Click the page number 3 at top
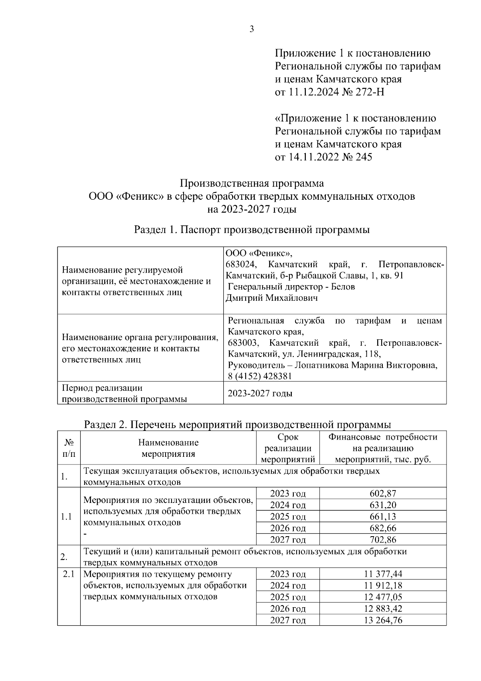pos(251,29)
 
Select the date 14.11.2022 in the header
pos(310,157)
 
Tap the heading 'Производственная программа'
pos(251,183)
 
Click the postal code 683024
pos(241,265)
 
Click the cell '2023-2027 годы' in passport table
pos(260,393)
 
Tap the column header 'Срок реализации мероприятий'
pos(288,448)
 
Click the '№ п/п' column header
pos(69,448)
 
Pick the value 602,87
pos(383,493)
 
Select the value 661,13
pos(383,517)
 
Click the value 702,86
pos(383,539)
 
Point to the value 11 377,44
pos(383,574)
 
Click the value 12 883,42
pos(383,608)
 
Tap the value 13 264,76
pos(383,620)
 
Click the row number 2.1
pos(69,574)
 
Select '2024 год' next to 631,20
pos(288,505)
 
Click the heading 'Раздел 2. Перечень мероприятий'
pos(237,424)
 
